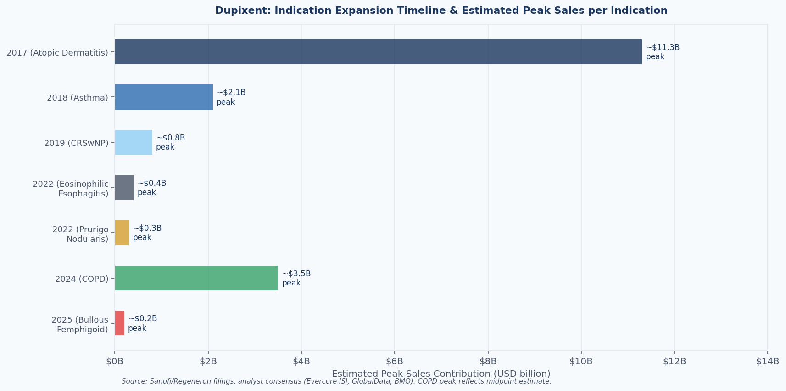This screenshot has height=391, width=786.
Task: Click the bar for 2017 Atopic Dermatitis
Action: coord(378,52)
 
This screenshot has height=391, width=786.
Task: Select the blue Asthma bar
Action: coord(164,97)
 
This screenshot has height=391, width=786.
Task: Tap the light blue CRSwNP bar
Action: coord(134,142)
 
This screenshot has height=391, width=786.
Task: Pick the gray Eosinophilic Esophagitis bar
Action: coord(124,187)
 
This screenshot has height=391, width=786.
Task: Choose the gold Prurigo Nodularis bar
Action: coord(122,233)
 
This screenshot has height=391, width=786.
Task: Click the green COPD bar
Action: coord(196,278)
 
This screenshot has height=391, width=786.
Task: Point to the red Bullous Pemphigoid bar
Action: coord(120,323)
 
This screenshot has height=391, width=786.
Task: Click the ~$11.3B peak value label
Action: coord(663,52)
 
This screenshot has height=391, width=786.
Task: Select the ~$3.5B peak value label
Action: coord(296,278)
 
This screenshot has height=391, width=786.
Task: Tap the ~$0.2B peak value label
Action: coord(142,323)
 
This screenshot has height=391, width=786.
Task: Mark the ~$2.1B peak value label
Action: coord(231,97)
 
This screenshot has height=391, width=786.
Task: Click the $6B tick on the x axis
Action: coord(395,362)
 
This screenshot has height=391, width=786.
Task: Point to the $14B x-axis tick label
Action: coord(768,362)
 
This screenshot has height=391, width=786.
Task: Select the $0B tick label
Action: coord(115,362)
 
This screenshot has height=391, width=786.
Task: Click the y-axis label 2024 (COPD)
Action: coord(82,279)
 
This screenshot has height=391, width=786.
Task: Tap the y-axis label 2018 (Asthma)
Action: coord(78,98)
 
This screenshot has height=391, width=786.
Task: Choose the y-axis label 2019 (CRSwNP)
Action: coord(76,143)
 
